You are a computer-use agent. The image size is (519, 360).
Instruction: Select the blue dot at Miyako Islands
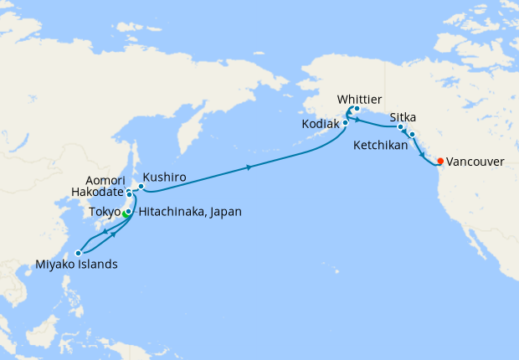pyautogui.click(x=78, y=252)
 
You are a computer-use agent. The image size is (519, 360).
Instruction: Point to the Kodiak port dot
pyautogui.click(x=344, y=124)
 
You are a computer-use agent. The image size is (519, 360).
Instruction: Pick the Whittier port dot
pyautogui.click(x=356, y=109)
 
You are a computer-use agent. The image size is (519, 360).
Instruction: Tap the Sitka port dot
pyautogui.click(x=400, y=127)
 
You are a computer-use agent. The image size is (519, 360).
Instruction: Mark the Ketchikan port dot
pyautogui.click(x=412, y=134)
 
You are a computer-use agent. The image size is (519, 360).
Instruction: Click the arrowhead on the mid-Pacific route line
pyautogui.click(x=249, y=168)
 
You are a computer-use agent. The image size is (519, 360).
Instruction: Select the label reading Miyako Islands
pyautogui.click(x=76, y=265)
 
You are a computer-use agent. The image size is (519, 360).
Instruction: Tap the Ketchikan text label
pyautogui.click(x=380, y=146)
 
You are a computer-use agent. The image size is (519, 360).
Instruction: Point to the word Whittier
pyautogui.click(x=359, y=99)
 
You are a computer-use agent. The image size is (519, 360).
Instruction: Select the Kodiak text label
pyautogui.click(x=320, y=124)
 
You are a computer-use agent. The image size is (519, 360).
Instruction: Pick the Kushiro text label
pyautogui.click(x=164, y=177)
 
